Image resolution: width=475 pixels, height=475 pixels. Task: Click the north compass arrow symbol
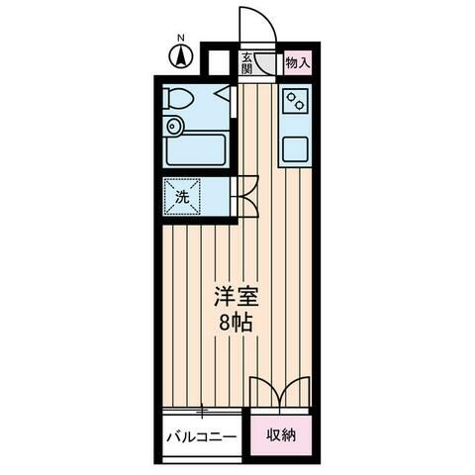pos(180,58)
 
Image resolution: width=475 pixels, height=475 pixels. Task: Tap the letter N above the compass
pos(180,41)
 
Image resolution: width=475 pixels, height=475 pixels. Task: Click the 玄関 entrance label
pos(246,63)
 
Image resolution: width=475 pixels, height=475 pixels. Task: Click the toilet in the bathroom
pos(181,99)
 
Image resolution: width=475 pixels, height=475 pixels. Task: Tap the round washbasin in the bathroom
pos(174,126)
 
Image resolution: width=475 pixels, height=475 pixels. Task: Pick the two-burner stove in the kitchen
pos(296,100)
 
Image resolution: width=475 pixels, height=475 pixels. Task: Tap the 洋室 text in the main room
pos(235,296)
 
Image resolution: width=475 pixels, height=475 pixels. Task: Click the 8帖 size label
pos(235,322)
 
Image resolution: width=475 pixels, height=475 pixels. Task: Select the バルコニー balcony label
pos(200,435)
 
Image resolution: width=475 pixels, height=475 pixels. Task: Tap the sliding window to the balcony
pos(201,410)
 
